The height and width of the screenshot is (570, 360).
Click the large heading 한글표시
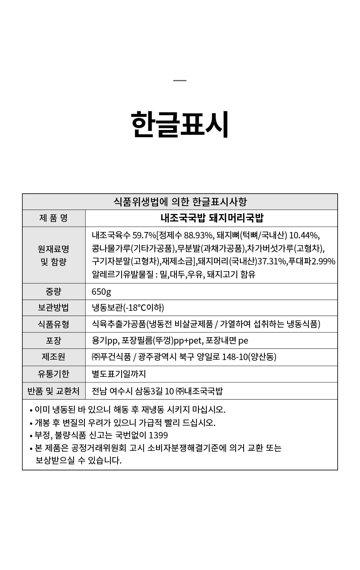point(180,124)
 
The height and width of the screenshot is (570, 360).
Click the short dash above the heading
point(180,81)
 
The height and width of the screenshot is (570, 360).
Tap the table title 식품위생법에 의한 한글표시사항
point(180,202)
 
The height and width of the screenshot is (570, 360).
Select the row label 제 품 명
point(54,218)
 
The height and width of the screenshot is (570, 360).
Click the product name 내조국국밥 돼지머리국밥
point(212,218)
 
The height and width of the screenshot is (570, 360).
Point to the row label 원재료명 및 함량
point(54,255)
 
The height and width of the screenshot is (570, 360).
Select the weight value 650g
point(101,292)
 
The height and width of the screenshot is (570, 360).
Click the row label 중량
point(54,292)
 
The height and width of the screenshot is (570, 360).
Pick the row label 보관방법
point(54,308)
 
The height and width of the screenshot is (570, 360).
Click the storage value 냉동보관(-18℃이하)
point(128,308)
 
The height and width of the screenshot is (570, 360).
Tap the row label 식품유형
point(54,324)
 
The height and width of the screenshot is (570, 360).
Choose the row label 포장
point(54,340)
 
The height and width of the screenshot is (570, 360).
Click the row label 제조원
point(54,357)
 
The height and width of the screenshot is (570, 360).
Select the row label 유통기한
point(54,374)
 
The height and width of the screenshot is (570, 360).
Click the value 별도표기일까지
point(119,374)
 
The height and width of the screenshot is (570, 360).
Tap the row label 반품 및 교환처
point(54,391)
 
